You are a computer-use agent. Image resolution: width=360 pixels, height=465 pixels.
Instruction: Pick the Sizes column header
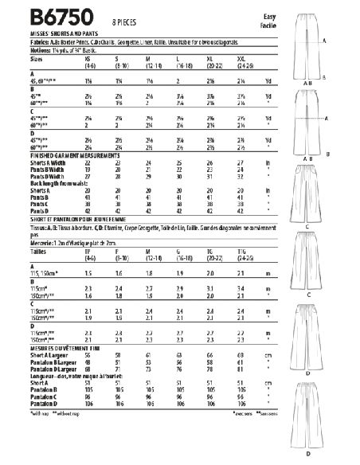point(14,58)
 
